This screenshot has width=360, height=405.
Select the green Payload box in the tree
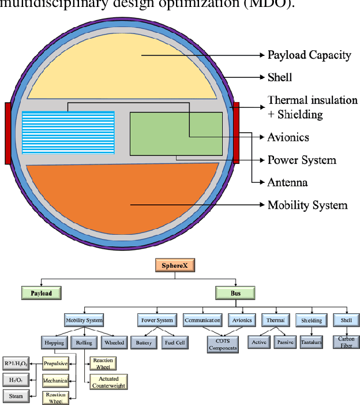pos(42,293)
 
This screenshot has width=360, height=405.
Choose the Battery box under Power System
pos(144,342)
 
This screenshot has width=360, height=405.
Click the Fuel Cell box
pos(177,342)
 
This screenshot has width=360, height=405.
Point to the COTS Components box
pos(223,344)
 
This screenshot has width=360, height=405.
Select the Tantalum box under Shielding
pos(312,342)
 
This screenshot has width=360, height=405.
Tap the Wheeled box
pos(113,342)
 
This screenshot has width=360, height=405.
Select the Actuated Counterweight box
pos(108,381)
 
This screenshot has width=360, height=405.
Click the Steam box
pos(16,396)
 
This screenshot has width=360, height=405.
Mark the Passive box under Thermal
pos(286,342)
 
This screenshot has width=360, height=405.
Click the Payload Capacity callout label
pos(309,55)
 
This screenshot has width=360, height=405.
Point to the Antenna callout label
pos(287,182)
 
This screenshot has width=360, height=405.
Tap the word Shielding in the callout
pos(301,114)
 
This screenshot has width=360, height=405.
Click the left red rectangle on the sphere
pos(7,133)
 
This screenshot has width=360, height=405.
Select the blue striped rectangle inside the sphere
pos(68,133)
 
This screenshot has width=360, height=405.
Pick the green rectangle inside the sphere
pos(176,133)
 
